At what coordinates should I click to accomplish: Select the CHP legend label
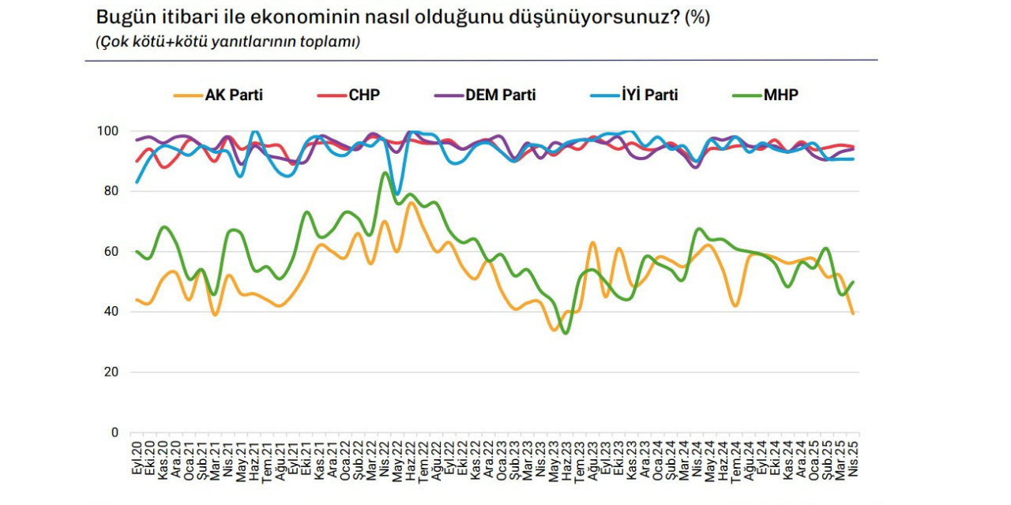click(364, 95)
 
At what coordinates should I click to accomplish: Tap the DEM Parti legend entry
click(501, 95)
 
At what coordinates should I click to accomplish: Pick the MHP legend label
click(780, 95)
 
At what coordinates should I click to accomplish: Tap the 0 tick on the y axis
click(115, 432)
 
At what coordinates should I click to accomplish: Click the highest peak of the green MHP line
click(385, 173)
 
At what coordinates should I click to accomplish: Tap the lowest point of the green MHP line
click(565, 333)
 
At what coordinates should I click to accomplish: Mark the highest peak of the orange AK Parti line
click(412, 203)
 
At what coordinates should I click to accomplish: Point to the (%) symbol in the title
click(697, 17)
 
